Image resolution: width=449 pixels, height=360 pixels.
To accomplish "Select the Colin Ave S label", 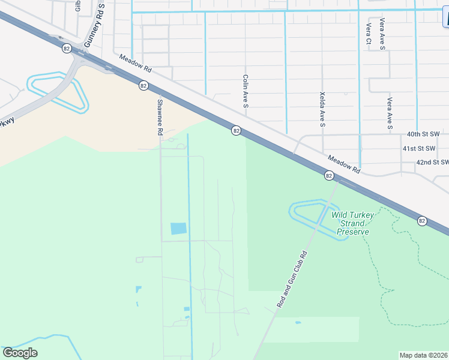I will pos(246,91).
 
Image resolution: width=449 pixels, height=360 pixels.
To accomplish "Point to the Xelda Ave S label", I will pos(322,110).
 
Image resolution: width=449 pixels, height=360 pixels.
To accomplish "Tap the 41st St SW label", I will pos(426,148).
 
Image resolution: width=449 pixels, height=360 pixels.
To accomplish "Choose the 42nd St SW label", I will pos(432,163).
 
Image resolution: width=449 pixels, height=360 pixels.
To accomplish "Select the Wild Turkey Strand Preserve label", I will pos(352,223).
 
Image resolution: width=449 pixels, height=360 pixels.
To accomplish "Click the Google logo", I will pos(20,353).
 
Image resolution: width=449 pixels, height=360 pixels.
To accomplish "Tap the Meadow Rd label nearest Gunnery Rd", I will pos(136,65).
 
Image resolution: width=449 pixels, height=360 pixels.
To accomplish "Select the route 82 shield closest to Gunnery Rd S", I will pos(66,47).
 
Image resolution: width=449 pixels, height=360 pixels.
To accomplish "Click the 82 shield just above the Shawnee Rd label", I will pos(143,86).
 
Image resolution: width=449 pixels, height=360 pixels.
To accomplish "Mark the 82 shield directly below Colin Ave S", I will pos(237,130).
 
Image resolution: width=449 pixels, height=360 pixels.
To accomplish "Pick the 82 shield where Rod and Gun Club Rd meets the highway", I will pos(329,175).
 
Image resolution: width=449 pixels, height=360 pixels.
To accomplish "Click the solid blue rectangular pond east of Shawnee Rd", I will pos(178,229).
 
